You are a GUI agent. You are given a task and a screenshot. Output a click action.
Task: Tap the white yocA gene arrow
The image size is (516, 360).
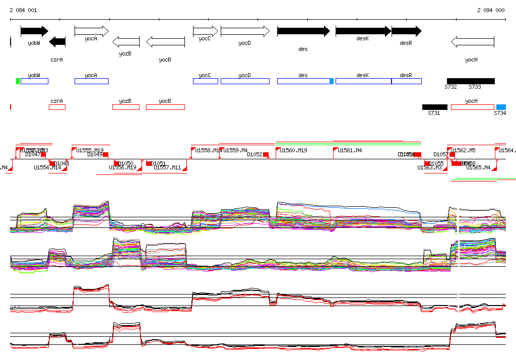[91, 31]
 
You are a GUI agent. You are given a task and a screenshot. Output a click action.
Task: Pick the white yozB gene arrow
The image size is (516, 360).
[125, 42]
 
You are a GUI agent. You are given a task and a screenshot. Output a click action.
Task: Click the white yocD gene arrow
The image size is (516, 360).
[245, 31]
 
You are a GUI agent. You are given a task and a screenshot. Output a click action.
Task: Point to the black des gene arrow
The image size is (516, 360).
[303, 31]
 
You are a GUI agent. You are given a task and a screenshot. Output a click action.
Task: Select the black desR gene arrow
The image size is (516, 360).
[406, 31]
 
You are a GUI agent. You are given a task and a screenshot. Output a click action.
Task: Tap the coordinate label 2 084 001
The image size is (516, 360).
[23, 10]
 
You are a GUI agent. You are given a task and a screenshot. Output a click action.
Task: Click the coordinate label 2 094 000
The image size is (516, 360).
[490, 10]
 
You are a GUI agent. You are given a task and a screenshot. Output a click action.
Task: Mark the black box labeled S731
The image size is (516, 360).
[434, 107]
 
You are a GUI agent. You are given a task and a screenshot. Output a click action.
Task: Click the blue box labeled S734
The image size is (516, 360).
[501, 107]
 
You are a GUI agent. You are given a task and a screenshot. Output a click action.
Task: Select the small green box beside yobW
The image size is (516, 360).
[18, 81]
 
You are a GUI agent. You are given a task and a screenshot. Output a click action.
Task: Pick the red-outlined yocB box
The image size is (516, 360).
[165, 107]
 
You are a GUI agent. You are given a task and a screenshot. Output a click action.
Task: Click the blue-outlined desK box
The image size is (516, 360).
[363, 81]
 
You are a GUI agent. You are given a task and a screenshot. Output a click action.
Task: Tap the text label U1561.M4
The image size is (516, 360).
[350, 150]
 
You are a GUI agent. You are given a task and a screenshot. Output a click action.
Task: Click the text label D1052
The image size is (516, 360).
[254, 154]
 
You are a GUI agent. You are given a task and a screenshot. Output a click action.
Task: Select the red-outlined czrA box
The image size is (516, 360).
[57, 107]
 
